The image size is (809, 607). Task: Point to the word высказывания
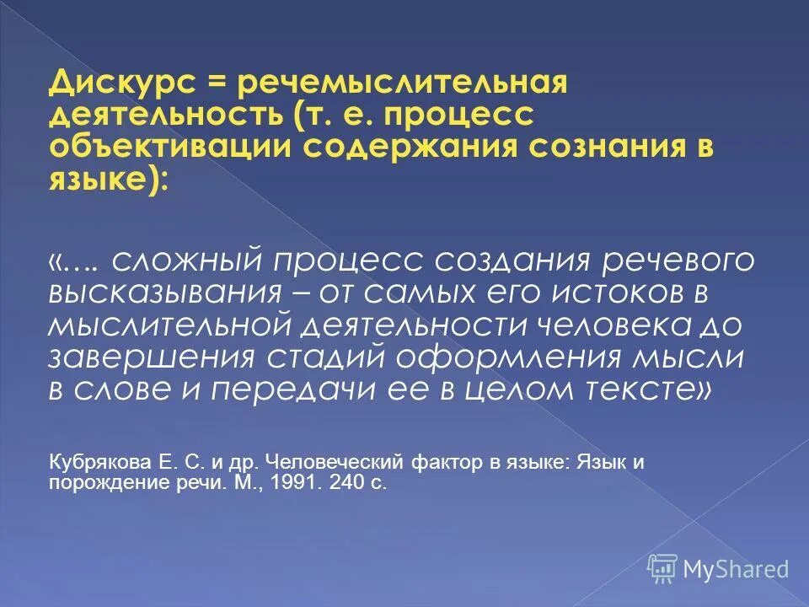click(163, 293)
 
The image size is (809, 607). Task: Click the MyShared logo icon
click(662, 568)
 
